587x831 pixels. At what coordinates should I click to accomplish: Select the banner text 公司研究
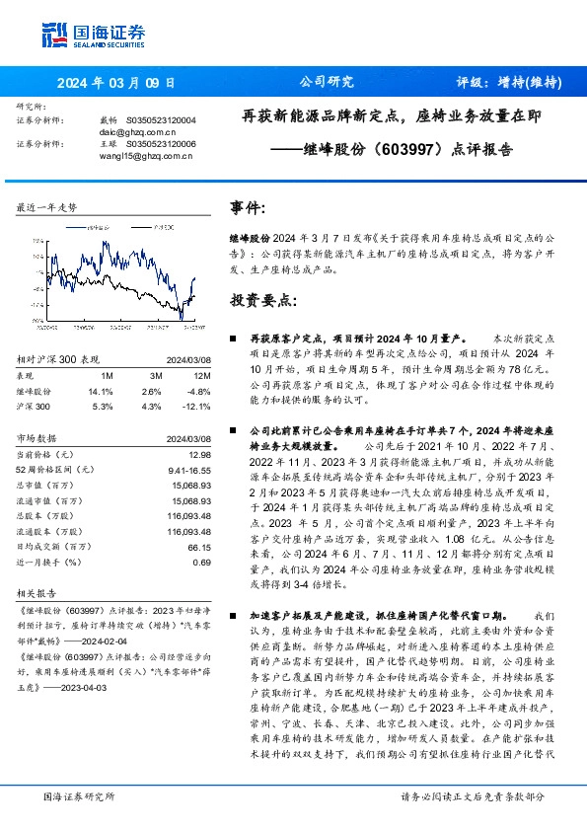(x=320, y=82)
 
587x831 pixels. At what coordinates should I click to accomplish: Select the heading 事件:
(x=248, y=208)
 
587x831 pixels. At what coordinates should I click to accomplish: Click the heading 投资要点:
(x=262, y=298)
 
